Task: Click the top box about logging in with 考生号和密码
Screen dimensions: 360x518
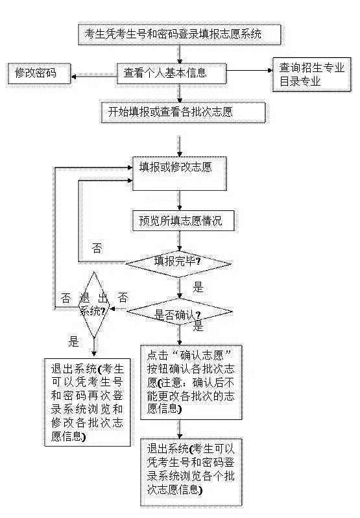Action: [x=180, y=34]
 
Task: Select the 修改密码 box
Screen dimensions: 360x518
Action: [x=39, y=73]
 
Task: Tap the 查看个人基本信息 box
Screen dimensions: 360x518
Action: [x=172, y=73]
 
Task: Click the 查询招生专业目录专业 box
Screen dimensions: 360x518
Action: [x=311, y=75]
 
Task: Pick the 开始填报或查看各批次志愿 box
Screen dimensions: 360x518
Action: [x=183, y=113]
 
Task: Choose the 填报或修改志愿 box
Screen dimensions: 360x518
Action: [x=180, y=174]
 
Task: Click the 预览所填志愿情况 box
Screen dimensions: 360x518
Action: [x=184, y=220]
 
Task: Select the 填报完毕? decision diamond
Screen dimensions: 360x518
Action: [x=179, y=264]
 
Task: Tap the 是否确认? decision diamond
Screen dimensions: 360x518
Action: [x=180, y=312]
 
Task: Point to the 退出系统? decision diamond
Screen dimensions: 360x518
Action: [x=94, y=305]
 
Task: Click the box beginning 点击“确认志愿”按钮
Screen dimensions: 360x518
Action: [x=191, y=382]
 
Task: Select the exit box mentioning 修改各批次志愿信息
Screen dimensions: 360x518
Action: [x=88, y=402]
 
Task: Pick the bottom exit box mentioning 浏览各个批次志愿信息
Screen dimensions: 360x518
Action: [x=191, y=473]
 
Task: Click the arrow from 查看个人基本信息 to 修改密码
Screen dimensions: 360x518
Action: [x=94, y=77]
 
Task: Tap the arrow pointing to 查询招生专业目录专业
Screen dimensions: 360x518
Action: [x=250, y=70]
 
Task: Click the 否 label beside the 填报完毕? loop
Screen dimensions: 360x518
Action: [x=97, y=248]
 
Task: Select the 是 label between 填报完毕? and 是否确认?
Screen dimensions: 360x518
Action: [x=198, y=287]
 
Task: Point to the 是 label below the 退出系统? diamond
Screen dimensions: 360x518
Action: [x=73, y=341]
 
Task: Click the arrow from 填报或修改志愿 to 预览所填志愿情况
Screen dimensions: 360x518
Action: [x=180, y=201]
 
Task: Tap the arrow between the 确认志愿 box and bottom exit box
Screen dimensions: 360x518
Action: [x=180, y=430]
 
